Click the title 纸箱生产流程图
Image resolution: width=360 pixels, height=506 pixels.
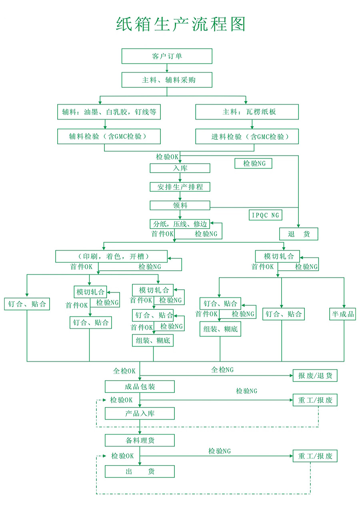(x=180, y=24)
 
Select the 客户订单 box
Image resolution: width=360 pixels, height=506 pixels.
(x=167, y=56)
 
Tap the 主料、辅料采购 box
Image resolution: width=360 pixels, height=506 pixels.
(x=167, y=80)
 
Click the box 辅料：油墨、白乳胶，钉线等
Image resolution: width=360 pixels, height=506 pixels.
(x=109, y=112)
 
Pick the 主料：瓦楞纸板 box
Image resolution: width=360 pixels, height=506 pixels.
(x=247, y=112)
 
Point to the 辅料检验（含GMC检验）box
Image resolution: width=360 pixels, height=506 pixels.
(x=109, y=136)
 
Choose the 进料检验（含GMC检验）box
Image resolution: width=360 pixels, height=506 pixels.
(x=247, y=136)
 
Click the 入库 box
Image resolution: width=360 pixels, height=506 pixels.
(x=180, y=168)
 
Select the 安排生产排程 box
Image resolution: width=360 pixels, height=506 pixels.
(x=180, y=187)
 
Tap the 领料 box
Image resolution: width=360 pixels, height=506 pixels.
(x=180, y=205)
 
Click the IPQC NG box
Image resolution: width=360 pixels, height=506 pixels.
(x=265, y=215)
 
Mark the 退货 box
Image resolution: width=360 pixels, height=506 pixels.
(x=298, y=234)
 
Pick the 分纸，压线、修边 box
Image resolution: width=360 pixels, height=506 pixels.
(x=180, y=224)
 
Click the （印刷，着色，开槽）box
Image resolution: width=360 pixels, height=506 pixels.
(x=111, y=256)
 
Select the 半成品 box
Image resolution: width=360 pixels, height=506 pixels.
(x=342, y=314)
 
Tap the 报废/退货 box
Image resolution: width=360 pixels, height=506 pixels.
(x=315, y=376)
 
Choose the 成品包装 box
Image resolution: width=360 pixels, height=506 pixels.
(x=140, y=386)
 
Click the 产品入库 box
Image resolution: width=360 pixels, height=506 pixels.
(x=140, y=413)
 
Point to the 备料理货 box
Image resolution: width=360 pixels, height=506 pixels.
(x=140, y=440)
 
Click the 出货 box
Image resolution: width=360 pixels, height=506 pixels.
(x=140, y=472)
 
